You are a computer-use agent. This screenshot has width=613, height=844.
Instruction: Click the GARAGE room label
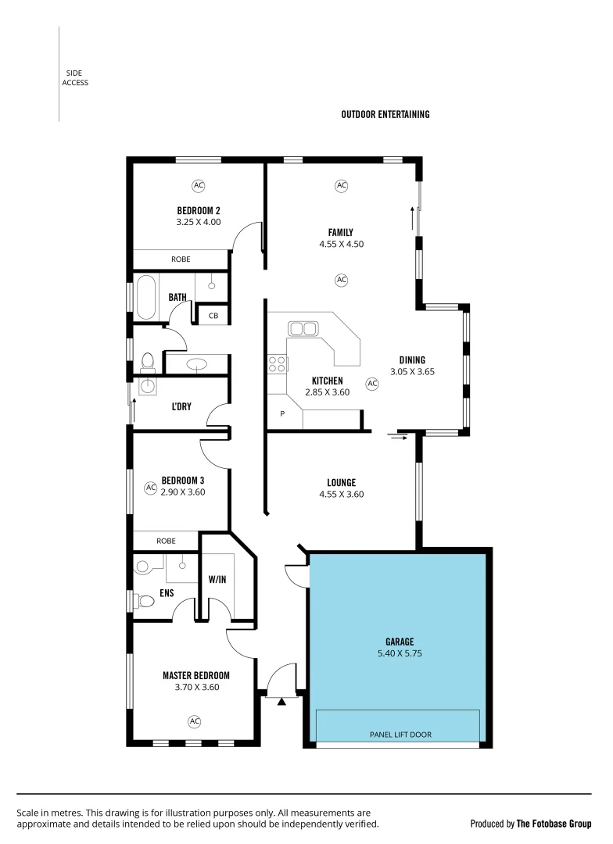coord(400,642)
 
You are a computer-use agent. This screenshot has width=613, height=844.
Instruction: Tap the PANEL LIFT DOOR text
coord(400,735)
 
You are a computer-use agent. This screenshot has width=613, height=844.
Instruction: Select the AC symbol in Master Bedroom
coord(195,721)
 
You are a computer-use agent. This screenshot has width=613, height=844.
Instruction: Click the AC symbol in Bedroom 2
coord(198,185)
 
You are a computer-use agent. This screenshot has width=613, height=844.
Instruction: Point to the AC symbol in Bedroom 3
coord(150,487)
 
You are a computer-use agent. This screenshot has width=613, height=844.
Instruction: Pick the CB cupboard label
coord(213,316)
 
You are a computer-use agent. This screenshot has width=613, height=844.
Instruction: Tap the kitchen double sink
coord(303,328)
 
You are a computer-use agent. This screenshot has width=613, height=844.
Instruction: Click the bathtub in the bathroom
coord(146,297)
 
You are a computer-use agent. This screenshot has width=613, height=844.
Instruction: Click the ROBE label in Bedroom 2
coord(181,259)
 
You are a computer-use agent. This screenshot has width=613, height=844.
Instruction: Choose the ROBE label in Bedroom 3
coord(166,541)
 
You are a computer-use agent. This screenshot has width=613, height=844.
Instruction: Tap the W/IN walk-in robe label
coord(217,580)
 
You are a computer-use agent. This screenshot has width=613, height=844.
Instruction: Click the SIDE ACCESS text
coord(76,78)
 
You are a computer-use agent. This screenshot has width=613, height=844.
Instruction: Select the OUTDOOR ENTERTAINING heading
coord(385,114)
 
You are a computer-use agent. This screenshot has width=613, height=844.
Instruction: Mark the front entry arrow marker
coord(282,701)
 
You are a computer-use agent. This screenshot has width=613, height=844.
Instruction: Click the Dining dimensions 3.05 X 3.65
coord(412,372)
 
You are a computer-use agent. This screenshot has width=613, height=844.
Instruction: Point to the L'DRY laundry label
coord(181,406)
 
